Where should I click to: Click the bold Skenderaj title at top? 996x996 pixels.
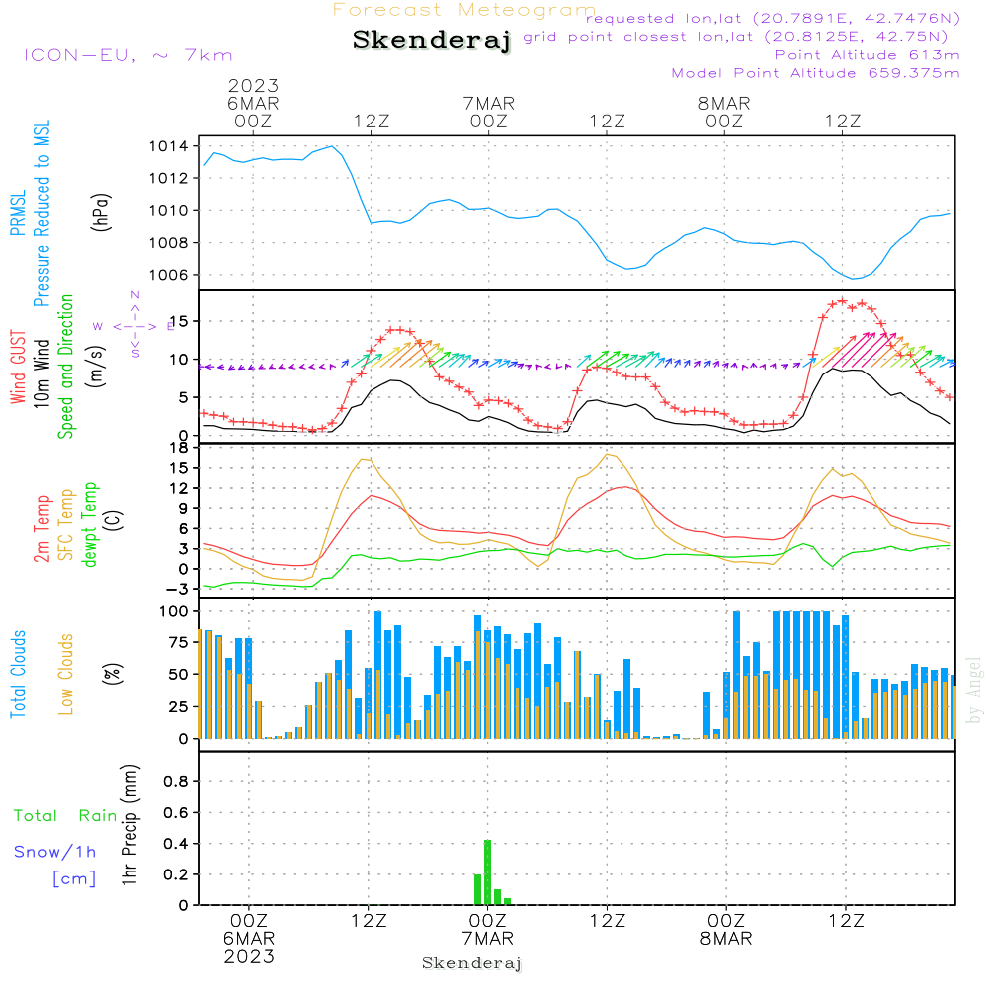tap(432, 41)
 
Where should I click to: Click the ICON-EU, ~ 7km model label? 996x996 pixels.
tap(128, 55)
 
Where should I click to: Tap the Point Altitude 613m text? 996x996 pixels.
tap(867, 55)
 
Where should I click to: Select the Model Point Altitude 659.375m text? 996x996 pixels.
tap(816, 73)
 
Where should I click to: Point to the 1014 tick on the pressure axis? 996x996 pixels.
tap(169, 146)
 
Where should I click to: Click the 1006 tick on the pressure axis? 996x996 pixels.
tap(169, 275)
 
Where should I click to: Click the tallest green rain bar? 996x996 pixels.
tap(487, 872)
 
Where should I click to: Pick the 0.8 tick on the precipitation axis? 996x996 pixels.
tap(176, 781)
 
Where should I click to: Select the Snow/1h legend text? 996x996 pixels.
tap(55, 852)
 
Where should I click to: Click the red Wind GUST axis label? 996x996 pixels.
tap(18, 368)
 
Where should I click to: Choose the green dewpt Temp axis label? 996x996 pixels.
tap(90, 524)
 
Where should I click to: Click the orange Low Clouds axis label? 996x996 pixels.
tap(66, 674)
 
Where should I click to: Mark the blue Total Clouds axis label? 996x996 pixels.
tap(18, 674)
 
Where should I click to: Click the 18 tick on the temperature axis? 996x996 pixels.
tap(180, 448)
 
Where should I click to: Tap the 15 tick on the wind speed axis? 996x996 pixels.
tap(180, 322)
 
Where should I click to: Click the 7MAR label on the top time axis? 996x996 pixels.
tap(488, 103)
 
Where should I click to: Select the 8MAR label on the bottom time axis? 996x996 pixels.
tap(726, 939)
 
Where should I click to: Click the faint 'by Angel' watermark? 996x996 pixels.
tap(974, 690)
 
